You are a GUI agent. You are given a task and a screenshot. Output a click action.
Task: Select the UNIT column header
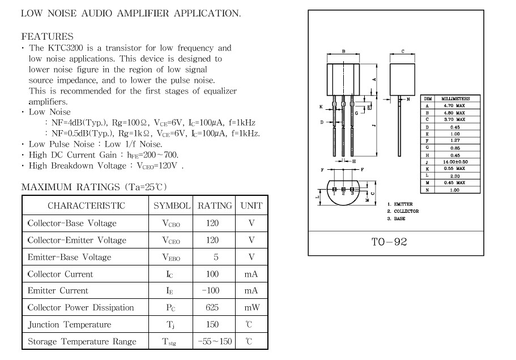point(251,206)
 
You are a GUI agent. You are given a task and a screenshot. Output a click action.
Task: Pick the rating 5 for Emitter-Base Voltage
point(216,257)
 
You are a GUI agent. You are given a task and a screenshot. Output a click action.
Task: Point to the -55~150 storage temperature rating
point(215,342)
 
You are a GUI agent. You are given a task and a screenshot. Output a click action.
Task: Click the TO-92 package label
point(389,242)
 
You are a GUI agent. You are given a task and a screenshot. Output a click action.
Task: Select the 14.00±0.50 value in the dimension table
point(454,162)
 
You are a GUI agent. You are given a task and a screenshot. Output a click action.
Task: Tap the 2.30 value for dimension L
point(454,176)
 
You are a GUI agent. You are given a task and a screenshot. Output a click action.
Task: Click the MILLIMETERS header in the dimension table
point(455,98)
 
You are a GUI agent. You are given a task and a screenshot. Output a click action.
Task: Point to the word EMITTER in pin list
point(403,204)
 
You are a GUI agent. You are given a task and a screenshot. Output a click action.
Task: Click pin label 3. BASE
point(396,218)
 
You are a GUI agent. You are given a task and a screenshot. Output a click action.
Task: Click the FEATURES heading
point(47,36)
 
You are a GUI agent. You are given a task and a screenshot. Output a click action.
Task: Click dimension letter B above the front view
point(344,52)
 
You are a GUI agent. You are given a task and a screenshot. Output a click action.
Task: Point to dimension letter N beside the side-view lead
point(408,98)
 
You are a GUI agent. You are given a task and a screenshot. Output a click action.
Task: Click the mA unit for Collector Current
point(251,274)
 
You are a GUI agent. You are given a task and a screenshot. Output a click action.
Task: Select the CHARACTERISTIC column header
point(86,206)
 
